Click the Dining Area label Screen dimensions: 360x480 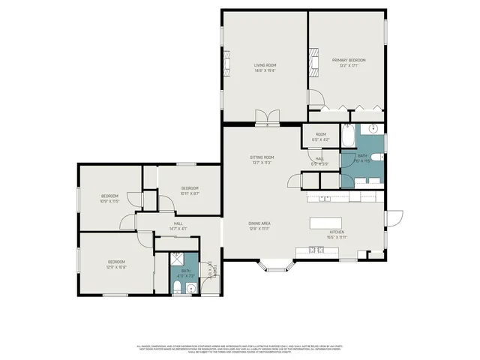pyautogui.click(x=259, y=223)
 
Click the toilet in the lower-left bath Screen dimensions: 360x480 pyautogui.click(x=190, y=286)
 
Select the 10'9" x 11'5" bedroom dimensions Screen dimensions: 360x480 pyautogui.click(x=110, y=201)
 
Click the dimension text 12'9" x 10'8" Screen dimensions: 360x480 pyautogui.click(x=115, y=266)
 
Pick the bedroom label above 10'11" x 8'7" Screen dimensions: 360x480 pyautogui.click(x=189, y=187)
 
